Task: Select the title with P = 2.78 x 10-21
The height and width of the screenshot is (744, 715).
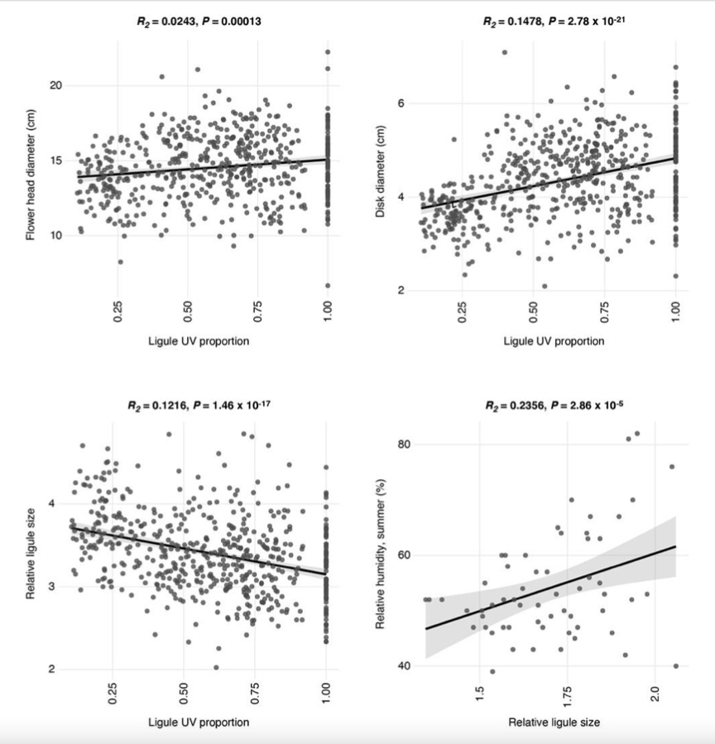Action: pos(553,22)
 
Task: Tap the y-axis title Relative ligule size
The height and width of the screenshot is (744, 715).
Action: pos(31,557)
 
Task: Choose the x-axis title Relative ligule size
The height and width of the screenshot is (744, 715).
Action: pos(553,722)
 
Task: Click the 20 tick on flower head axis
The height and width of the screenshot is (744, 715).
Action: pos(55,85)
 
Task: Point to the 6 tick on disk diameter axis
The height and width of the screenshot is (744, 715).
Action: pos(405,103)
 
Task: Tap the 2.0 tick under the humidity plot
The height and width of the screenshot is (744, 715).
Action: pos(654,694)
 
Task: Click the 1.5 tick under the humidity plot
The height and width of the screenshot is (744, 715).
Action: pos(479,694)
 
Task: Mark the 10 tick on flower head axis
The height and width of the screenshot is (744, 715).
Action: pos(55,236)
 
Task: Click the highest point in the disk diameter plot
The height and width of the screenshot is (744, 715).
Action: pos(504,52)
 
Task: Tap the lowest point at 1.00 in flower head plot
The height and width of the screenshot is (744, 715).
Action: pos(327,286)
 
